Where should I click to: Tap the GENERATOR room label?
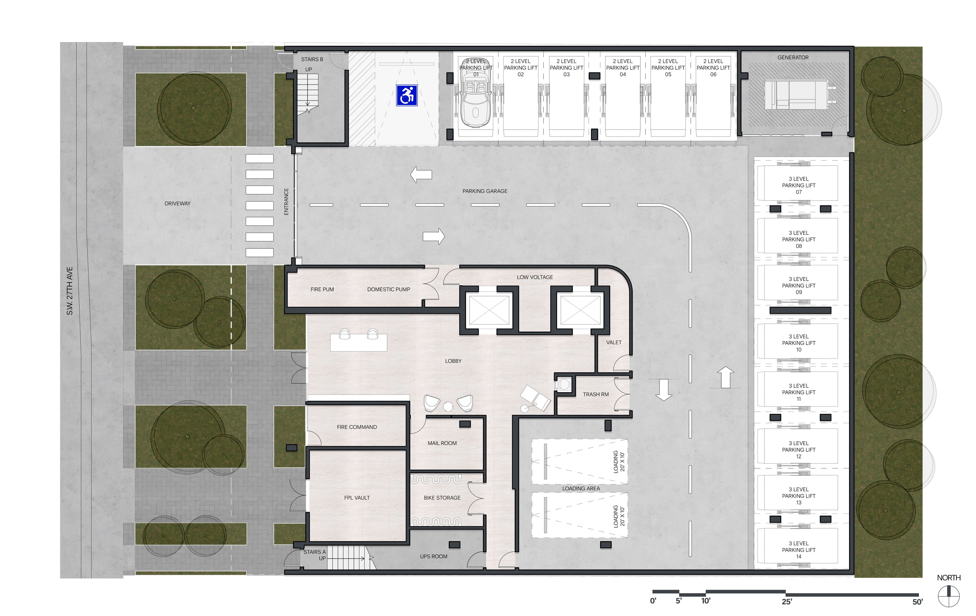(x=793, y=57)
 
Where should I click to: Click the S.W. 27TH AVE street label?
(x=70, y=291)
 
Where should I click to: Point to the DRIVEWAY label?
(x=177, y=203)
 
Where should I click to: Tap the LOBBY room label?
(x=453, y=361)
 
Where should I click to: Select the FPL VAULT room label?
(x=357, y=498)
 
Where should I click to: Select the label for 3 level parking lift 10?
(x=799, y=343)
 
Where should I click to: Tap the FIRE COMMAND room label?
(x=357, y=427)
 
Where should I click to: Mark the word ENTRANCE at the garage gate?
(x=286, y=201)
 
